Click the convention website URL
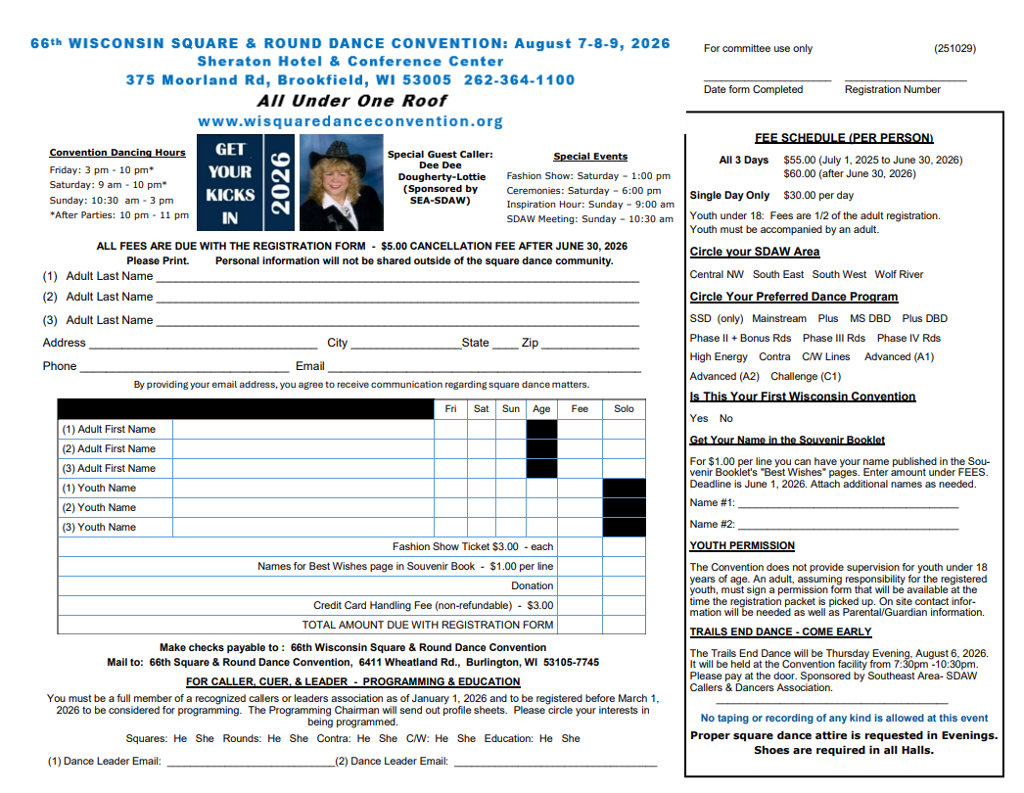tap(349, 121)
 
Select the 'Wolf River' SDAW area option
tap(899, 275)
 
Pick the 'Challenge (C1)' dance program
tap(806, 377)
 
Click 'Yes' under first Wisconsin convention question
tap(699, 419)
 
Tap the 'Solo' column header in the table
tap(624, 409)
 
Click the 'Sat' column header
tap(482, 409)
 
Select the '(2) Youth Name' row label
tap(99, 508)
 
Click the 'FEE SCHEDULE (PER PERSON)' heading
tap(844, 138)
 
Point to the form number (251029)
tap(954, 49)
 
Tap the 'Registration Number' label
tap(893, 90)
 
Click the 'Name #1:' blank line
tap(848, 503)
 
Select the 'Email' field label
tap(309, 366)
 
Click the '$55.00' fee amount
tap(799, 160)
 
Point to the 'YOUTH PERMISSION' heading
tap(742, 546)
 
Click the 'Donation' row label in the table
tap(532, 586)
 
